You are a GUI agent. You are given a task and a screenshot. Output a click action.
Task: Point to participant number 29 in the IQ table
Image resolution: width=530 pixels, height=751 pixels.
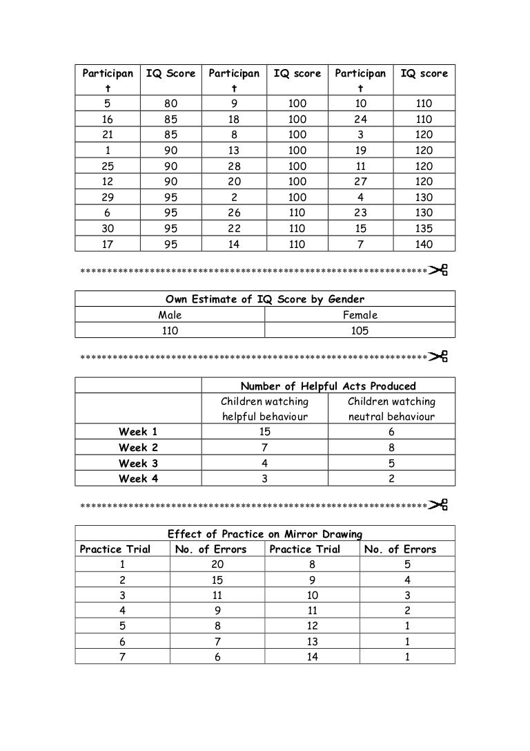pyautogui.click(x=108, y=198)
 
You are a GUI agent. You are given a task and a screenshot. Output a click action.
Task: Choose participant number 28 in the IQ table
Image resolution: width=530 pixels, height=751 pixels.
pyautogui.click(x=234, y=167)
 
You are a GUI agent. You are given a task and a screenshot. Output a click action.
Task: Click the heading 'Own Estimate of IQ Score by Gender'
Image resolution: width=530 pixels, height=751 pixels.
pyautogui.click(x=265, y=299)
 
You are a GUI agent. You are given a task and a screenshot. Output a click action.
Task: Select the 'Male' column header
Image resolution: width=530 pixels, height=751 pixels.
pyautogui.click(x=170, y=315)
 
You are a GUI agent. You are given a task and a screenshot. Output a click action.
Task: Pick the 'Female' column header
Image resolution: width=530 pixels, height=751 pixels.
pyautogui.click(x=360, y=315)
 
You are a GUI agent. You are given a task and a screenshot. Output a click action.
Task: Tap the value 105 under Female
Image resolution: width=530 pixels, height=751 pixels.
pyautogui.click(x=360, y=331)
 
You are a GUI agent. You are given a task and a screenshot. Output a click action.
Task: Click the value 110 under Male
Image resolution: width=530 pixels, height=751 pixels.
pyautogui.click(x=170, y=331)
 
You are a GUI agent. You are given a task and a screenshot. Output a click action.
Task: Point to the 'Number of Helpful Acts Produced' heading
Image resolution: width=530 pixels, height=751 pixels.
pyautogui.click(x=328, y=386)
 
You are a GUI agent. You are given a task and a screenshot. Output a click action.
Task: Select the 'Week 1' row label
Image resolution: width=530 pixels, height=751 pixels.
pyautogui.click(x=138, y=432)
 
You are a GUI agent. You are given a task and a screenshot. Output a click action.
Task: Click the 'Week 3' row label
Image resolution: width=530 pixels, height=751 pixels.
pyautogui.click(x=138, y=463)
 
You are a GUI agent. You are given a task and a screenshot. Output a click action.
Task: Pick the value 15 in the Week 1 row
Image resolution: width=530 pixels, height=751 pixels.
pyautogui.click(x=264, y=432)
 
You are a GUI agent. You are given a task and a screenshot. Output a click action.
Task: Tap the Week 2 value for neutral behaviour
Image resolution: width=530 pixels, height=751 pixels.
pyautogui.click(x=391, y=448)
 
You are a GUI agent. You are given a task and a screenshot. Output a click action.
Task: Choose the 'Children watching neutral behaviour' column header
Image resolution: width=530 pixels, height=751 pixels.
pyautogui.click(x=391, y=409)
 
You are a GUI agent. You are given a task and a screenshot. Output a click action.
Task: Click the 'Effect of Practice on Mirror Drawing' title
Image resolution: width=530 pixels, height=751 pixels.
pyautogui.click(x=266, y=533)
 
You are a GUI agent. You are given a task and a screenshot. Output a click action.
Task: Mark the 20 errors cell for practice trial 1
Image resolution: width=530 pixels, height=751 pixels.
pyautogui.click(x=217, y=565)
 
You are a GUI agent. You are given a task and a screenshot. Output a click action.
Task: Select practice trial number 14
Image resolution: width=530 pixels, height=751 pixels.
pyautogui.click(x=312, y=658)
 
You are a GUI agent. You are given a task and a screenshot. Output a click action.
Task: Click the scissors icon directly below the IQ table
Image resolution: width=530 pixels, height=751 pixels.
pyautogui.click(x=439, y=270)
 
